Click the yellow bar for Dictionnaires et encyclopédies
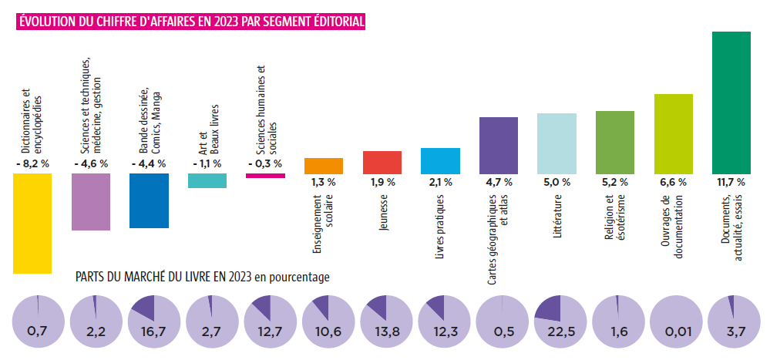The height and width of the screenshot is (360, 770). point(32,223)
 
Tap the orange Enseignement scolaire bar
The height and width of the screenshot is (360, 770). point(324,166)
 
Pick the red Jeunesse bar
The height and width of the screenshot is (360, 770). point(382,162)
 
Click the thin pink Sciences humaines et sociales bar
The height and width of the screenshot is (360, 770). point(265,176)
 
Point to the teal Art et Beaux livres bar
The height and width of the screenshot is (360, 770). point(207,180)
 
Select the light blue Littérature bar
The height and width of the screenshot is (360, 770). point(556,143)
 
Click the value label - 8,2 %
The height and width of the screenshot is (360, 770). point(32,163)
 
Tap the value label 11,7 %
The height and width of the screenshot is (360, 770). point(731,183)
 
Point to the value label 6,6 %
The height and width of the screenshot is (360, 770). point(673,183)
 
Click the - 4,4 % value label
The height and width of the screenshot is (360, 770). point(149,163)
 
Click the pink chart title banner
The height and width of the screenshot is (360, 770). point(191,21)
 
